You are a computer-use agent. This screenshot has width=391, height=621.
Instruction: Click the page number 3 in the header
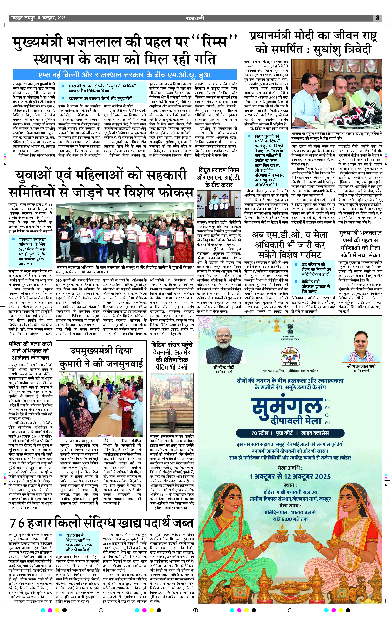tap(378, 18)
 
